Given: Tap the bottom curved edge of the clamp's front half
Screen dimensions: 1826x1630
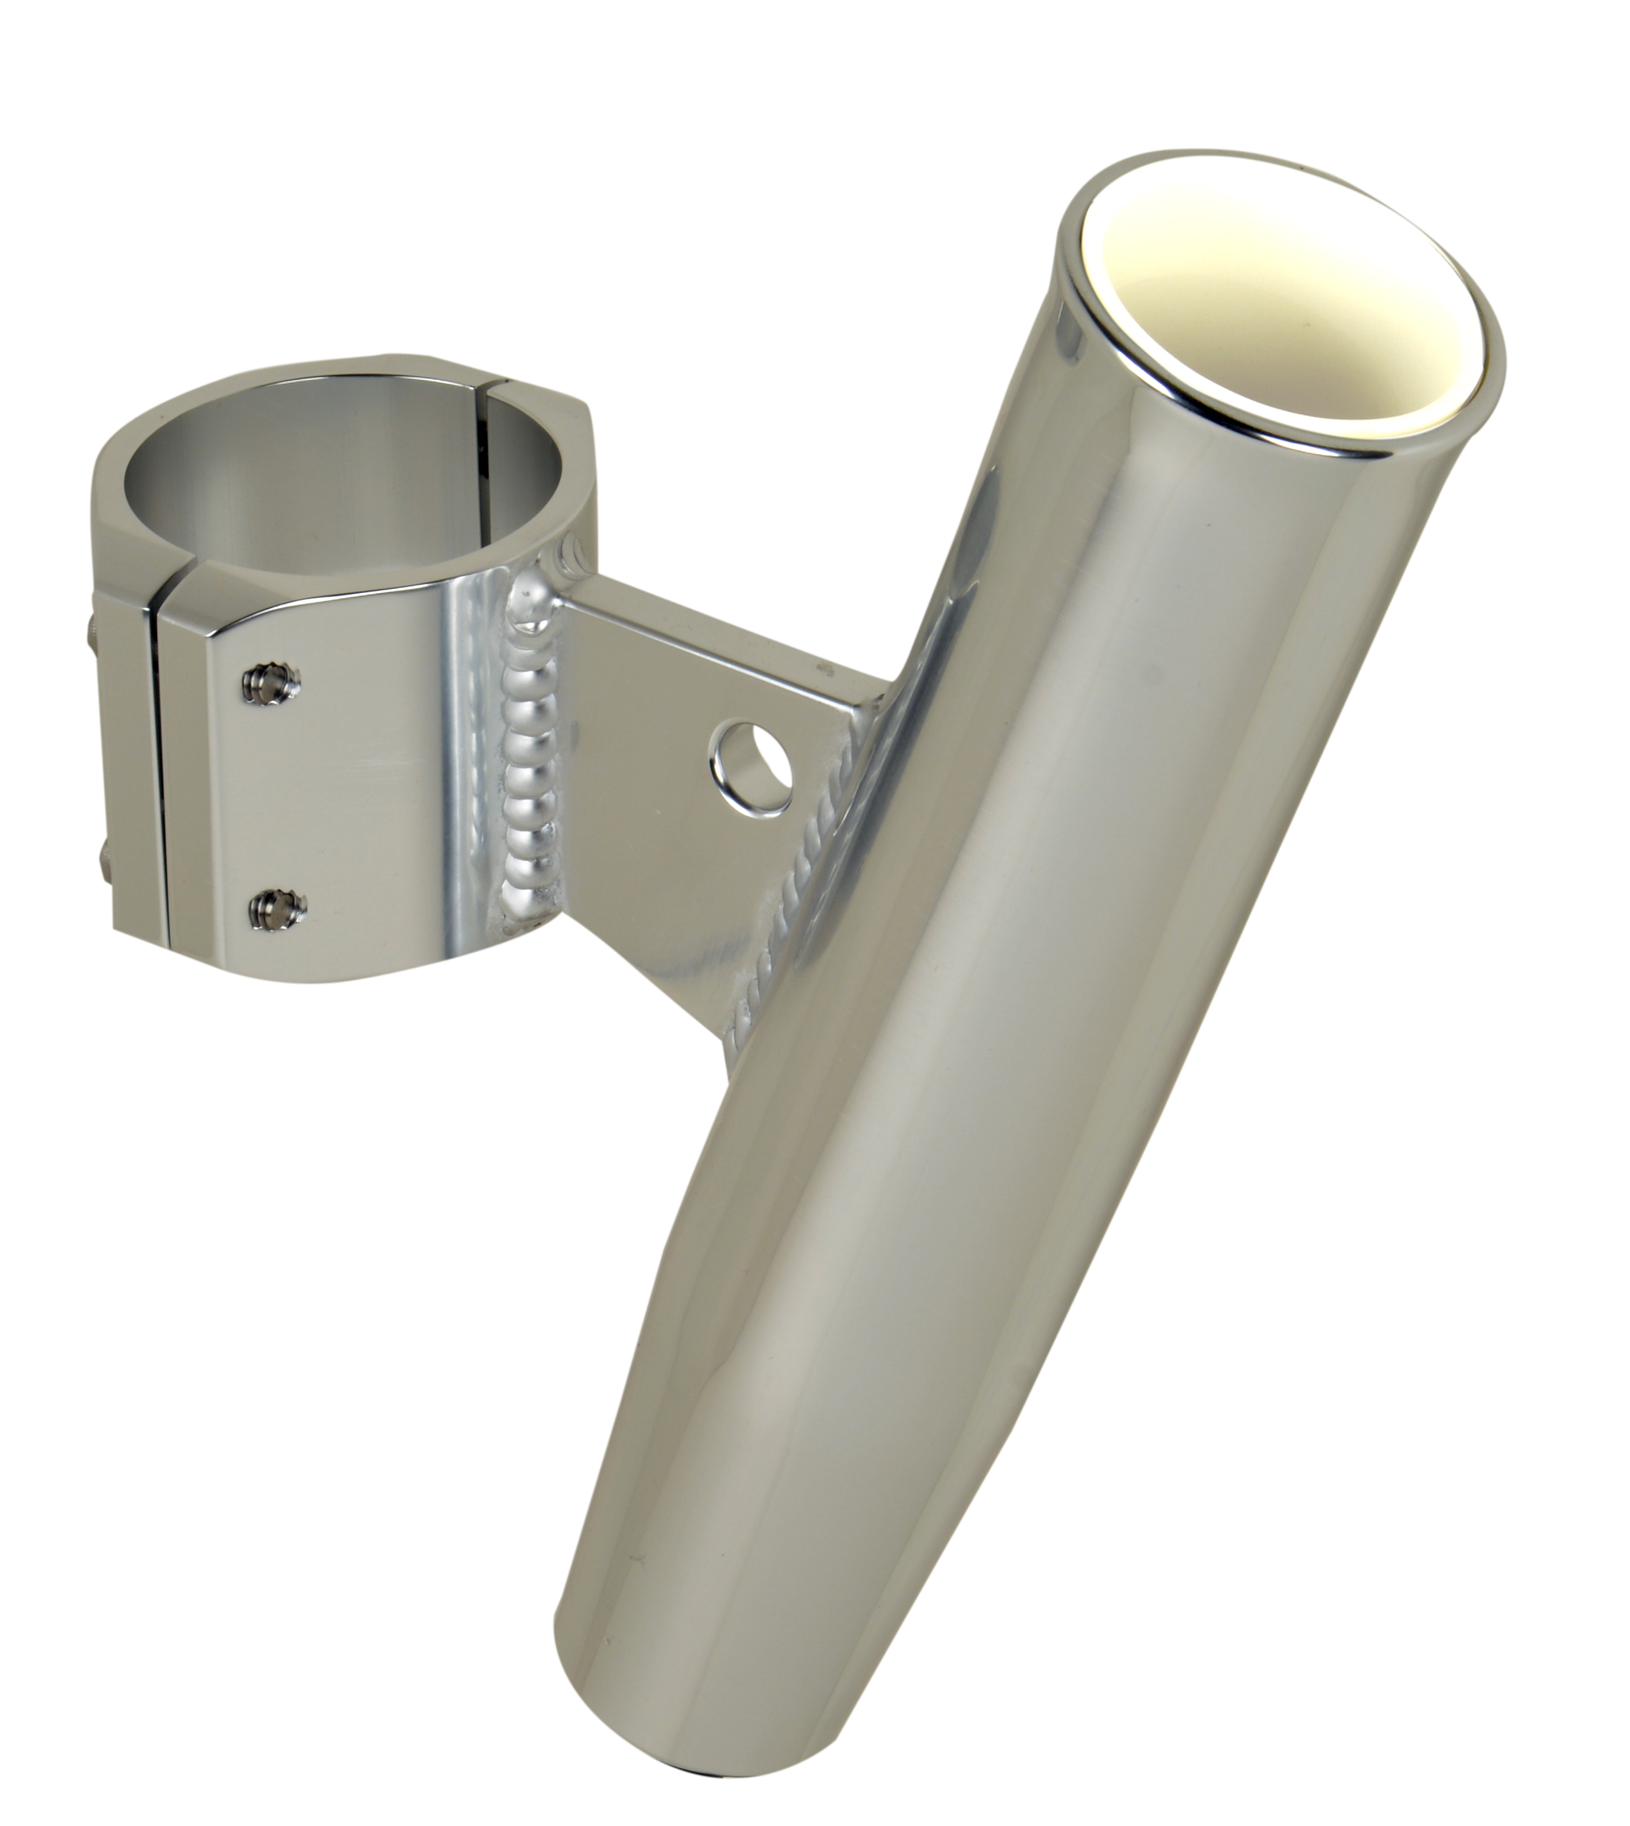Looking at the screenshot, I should pyautogui.click(x=376, y=976).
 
